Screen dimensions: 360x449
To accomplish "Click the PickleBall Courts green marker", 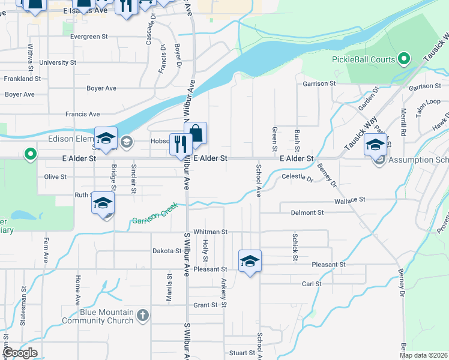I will click(404, 59).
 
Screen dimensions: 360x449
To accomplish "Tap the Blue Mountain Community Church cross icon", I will click(142, 314).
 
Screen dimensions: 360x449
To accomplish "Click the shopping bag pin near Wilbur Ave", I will click(196, 133).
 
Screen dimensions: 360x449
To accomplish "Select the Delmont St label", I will click(307, 212).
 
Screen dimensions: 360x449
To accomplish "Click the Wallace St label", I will click(350, 199).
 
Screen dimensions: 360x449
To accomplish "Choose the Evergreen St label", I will click(88, 37).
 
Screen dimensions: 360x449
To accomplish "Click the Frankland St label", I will click(22, 79).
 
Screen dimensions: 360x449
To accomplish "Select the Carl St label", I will click(312, 284).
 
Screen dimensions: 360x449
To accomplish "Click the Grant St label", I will click(205, 305).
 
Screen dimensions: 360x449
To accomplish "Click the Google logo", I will click(19, 353).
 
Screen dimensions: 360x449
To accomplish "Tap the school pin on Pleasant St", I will click(250, 261).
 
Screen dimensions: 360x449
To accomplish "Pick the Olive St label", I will click(55, 177).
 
